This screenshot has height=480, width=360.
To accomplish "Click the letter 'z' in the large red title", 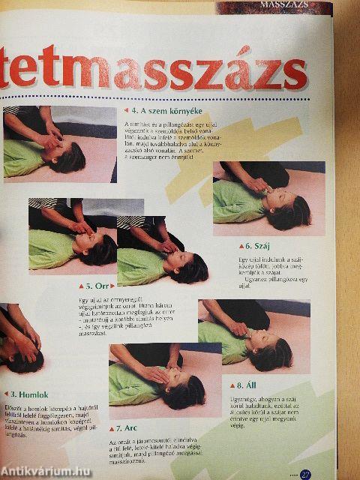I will [235, 73].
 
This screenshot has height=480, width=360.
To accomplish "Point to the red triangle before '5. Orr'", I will [81, 286].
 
